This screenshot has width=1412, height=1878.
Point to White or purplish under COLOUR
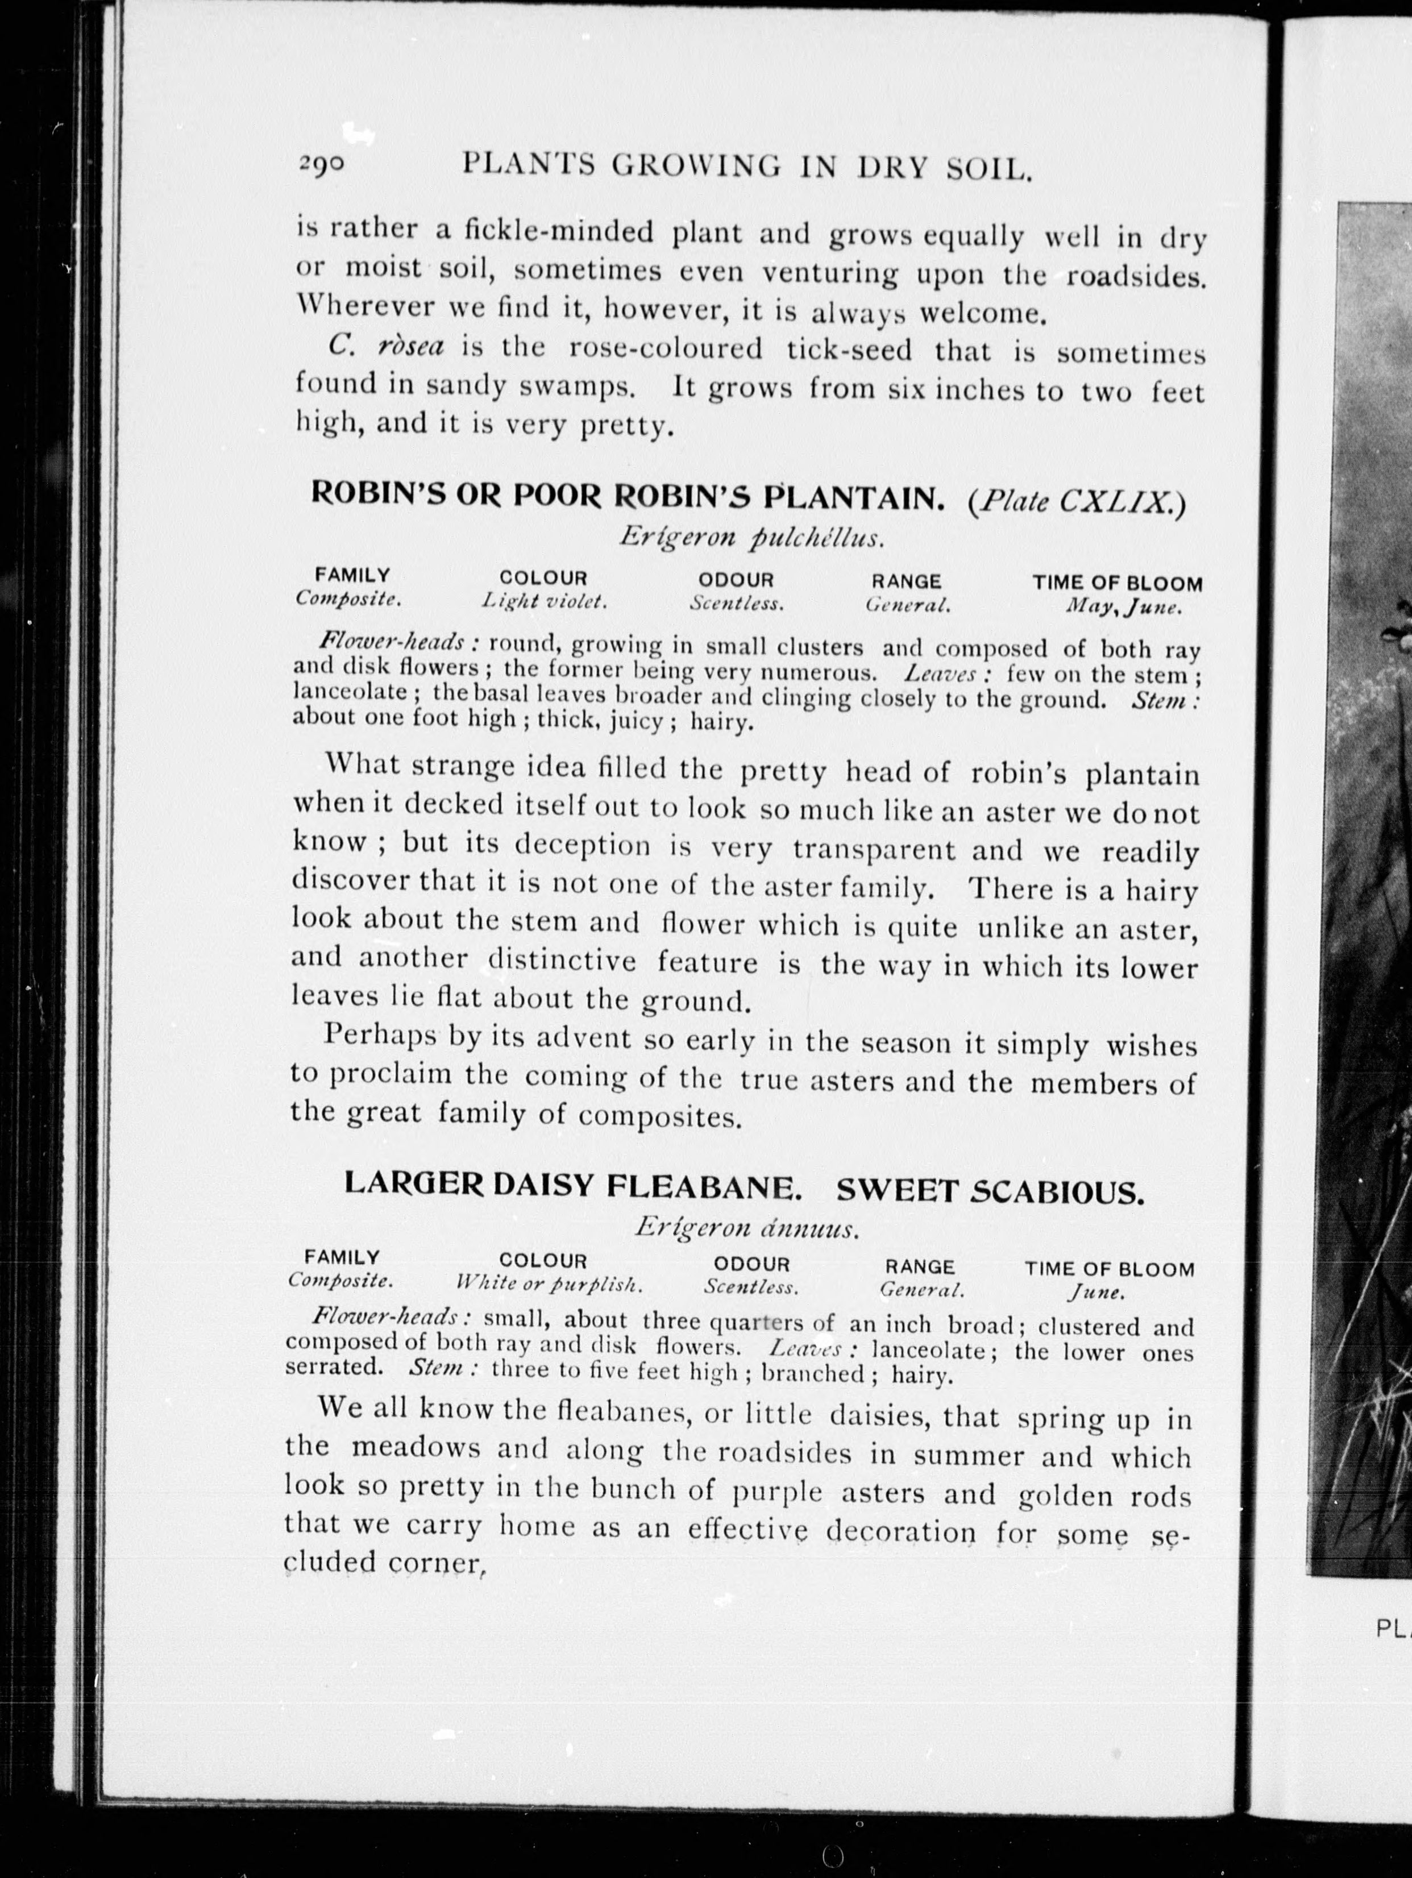[x=549, y=1285]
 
